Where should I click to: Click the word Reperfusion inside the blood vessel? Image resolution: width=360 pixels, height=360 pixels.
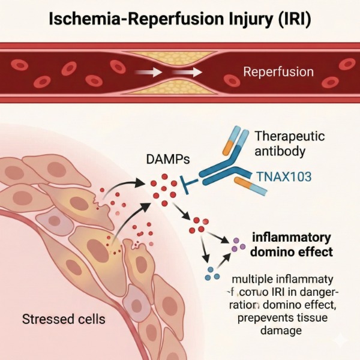click(278, 73)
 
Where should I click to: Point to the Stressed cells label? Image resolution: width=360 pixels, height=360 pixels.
click(64, 318)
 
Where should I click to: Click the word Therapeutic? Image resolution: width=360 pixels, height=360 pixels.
click(290, 136)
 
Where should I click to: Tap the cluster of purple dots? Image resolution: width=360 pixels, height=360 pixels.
click(239, 244)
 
